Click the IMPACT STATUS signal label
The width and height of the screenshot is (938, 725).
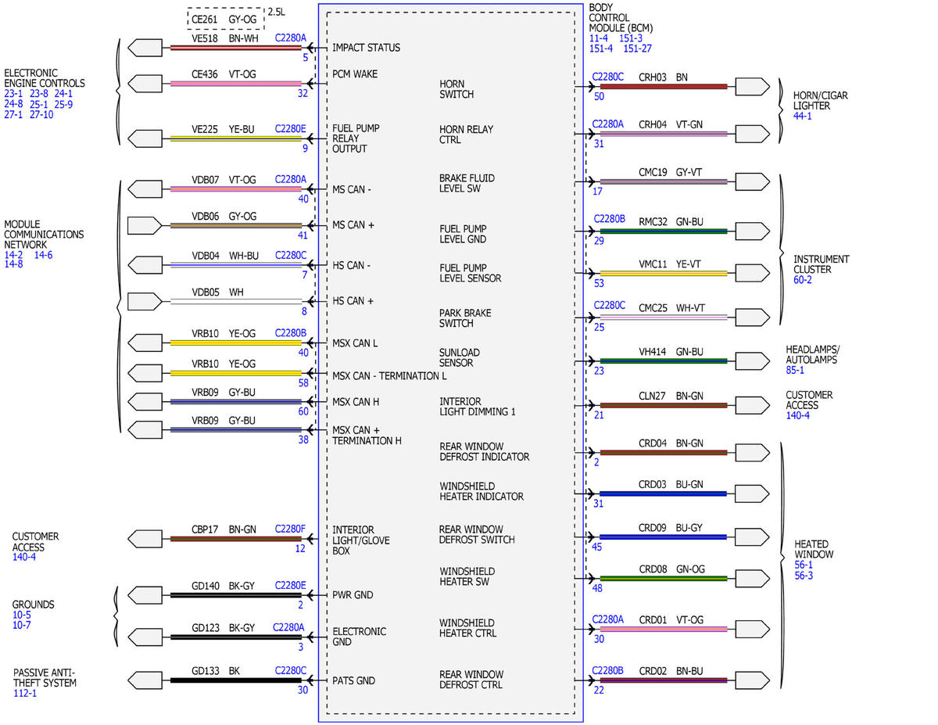tap(366, 48)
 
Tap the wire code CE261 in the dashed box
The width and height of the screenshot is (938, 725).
tap(204, 20)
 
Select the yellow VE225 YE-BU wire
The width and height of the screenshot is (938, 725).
tap(236, 138)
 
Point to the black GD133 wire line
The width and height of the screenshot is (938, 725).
tap(236, 680)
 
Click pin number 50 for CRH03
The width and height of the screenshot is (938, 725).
tap(599, 96)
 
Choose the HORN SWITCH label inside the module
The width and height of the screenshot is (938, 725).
tap(456, 89)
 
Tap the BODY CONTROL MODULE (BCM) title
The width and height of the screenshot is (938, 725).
tap(621, 18)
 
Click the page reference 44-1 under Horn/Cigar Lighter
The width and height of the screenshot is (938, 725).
tap(802, 116)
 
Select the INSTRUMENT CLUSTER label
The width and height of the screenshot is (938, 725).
tap(821, 264)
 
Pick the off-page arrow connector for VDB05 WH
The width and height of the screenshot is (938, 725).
tap(145, 301)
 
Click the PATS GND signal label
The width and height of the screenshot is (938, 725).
tap(353, 680)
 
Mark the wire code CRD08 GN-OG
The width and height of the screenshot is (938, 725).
tap(671, 569)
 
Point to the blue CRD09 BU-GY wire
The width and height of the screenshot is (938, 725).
tap(664, 537)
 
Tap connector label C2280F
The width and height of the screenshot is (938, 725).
tap(290, 529)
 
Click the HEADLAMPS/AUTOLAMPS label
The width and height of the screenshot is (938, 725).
tap(812, 354)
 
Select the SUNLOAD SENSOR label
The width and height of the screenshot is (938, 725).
tap(460, 357)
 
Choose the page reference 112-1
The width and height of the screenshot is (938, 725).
tap(24, 694)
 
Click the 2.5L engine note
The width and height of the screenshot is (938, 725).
tap(276, 12)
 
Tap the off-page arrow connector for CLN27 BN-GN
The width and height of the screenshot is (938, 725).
tap(753, 405)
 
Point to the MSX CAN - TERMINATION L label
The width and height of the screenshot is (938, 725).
tap(389, 376)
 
